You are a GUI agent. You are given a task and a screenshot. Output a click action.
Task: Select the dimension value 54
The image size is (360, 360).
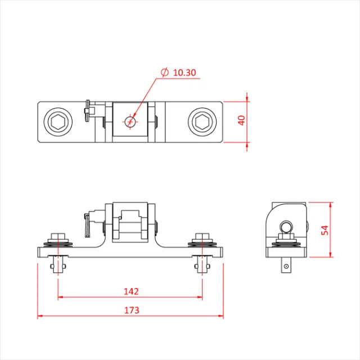pos(325,229)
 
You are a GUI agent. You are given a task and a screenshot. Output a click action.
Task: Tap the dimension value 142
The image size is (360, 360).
pos(130,291)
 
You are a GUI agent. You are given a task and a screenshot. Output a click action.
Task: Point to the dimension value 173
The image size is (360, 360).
pos(130,310)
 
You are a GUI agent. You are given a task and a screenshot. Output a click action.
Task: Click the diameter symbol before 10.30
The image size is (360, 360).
pos(164,73)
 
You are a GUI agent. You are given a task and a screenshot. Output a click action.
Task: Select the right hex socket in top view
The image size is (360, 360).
pos(201,121)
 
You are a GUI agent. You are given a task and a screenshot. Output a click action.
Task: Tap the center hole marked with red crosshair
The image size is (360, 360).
pos(130,120)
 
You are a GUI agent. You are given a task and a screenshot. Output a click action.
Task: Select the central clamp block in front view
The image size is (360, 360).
pos(130,222)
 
